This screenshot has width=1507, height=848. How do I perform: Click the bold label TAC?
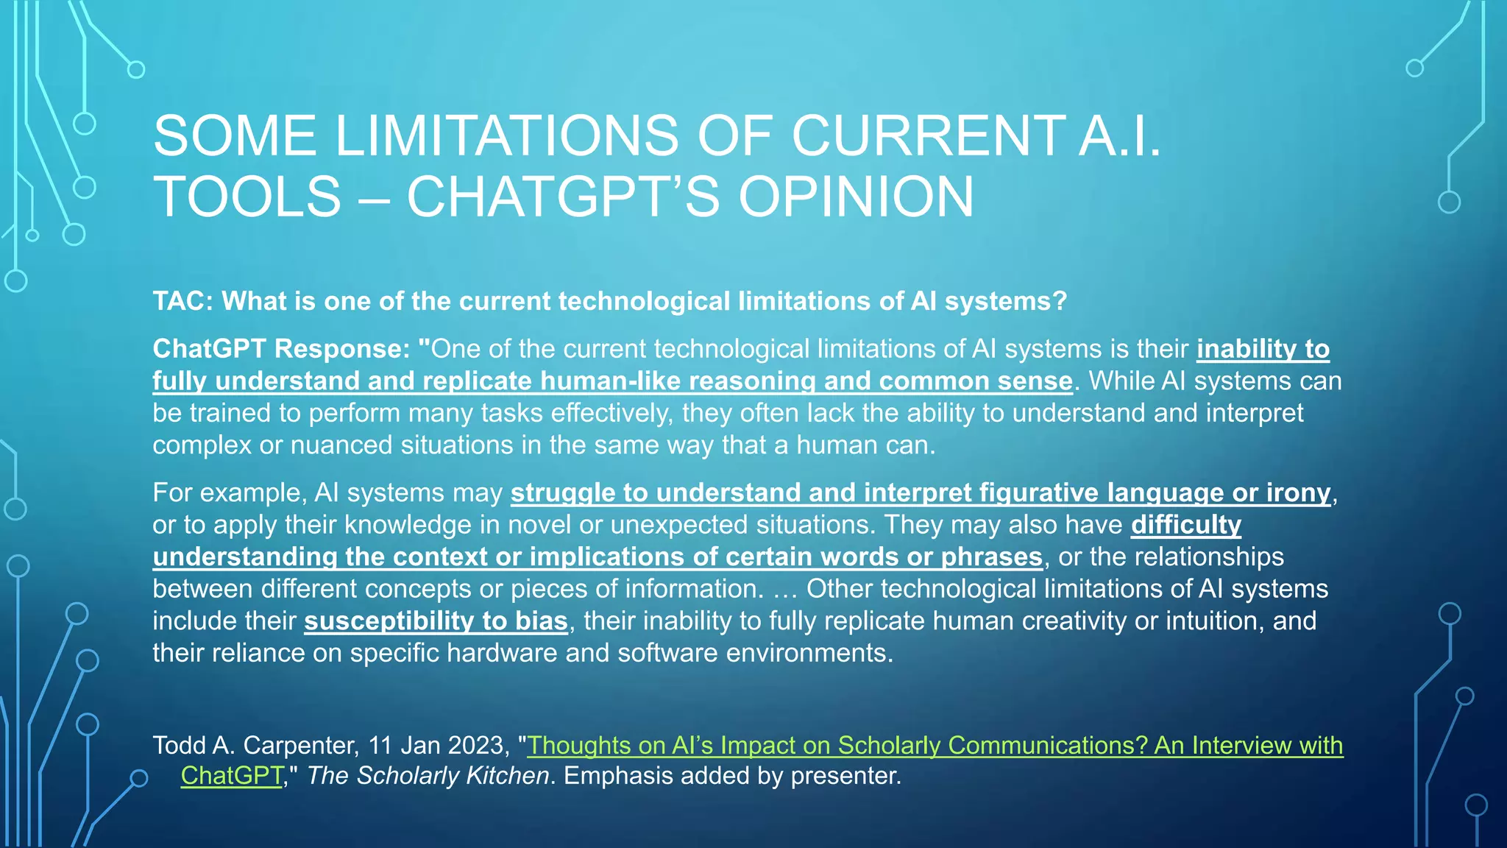point(182,301)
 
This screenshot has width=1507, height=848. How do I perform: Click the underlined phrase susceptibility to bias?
point(436,621)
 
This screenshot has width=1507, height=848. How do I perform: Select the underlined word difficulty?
point(1185,525)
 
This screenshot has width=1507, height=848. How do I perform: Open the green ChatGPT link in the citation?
point(232,776)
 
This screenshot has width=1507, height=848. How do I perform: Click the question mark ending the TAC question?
point(1060,301)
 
